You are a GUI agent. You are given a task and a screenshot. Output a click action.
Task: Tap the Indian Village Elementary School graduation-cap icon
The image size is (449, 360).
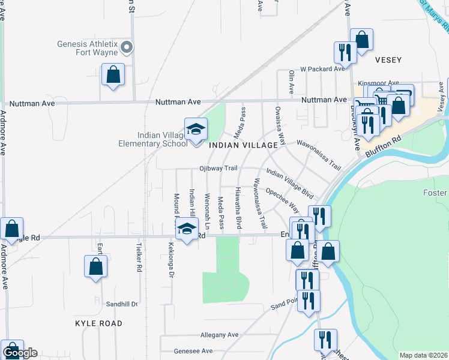click(195, 129)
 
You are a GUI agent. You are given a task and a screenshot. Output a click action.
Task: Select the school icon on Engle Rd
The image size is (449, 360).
click(187, 228)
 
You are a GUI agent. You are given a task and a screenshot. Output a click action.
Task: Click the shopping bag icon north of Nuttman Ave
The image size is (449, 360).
click(113, 75)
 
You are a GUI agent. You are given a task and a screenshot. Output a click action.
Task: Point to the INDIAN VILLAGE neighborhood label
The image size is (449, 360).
click(243, 145)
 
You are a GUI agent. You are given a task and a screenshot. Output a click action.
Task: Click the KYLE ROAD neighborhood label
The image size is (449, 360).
click(98, 323)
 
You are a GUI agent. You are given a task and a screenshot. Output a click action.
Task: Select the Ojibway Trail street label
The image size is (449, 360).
click(219, 169)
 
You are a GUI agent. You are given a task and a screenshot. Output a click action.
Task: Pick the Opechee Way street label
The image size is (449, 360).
click(282, 200)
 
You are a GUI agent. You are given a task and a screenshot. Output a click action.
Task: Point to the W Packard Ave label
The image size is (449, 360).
click(322, 69)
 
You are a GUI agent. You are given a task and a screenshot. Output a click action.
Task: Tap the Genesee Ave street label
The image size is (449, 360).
click(193, 351)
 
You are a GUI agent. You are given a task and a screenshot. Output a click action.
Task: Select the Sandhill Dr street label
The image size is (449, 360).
click(122, 304)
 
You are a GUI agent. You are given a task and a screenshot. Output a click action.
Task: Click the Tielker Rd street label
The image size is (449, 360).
click(138, 260)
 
